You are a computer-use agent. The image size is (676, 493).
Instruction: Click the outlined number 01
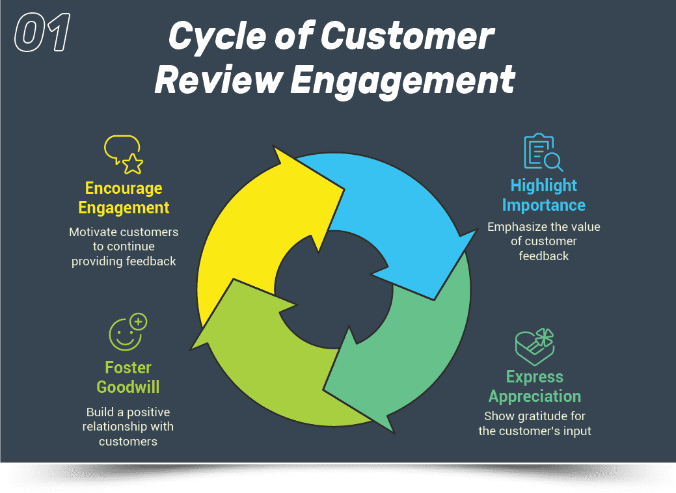pos(42,34)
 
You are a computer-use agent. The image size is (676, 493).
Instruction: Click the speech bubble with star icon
pos(124,154)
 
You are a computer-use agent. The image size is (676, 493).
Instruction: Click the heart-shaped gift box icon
pos(534,347)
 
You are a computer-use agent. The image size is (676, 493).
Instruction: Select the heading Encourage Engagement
pos(124,198)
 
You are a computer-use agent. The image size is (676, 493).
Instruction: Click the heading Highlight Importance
pos(544,195)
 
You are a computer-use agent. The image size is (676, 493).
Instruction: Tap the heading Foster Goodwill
pos(128,377)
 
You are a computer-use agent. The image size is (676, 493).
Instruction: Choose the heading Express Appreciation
pos(535,386)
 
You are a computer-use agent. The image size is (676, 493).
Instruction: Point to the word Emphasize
pos(517,227)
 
